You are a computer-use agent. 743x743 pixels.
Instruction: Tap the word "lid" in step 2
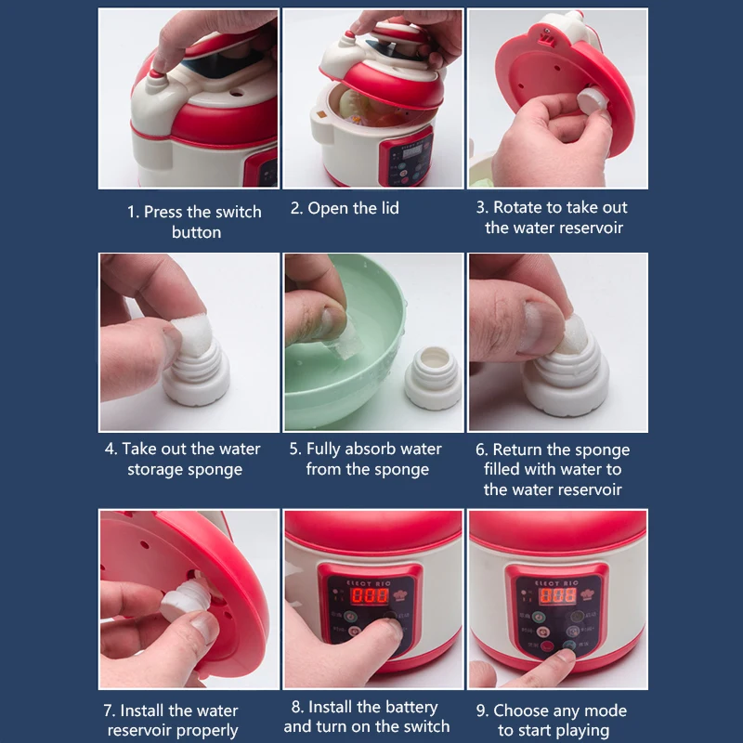390,208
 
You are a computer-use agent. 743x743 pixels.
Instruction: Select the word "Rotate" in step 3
518,207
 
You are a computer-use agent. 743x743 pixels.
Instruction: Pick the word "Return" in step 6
517,450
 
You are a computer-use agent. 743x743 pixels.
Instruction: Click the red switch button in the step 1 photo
156,74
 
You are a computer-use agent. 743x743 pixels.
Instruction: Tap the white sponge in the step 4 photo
192,334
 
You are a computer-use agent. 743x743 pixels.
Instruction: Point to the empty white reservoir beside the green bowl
433,378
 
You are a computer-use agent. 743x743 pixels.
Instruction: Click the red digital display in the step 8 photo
370,595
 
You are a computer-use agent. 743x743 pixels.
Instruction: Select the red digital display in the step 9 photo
558,595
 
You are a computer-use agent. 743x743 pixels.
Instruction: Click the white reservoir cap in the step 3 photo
593,100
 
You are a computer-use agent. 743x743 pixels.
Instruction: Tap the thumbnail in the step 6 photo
541,327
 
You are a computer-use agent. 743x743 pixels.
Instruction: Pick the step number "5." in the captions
295,449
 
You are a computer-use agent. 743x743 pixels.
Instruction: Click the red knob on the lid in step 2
349,35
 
